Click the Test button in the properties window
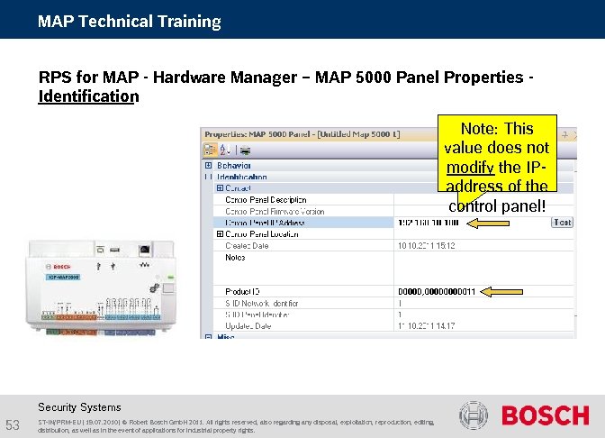click(562, 223)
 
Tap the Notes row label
click(235, 257)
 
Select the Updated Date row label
click(249, 326)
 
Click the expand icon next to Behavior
click(209, 165)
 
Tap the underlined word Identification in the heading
click(88, 96)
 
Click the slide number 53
click(14, 424)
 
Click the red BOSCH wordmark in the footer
click(545, 415)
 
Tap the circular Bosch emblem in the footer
click(474, 415)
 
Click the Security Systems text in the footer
click(79, 406)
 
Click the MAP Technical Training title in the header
click(129, 21)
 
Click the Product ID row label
click(242, 291)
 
